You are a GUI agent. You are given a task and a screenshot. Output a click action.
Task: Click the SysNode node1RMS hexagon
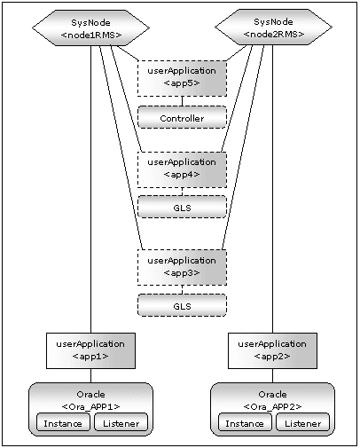90,28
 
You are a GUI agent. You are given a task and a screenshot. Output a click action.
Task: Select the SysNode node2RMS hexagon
273,28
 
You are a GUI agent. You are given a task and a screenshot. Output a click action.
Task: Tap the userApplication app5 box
182,78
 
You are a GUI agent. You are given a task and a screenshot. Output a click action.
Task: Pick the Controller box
182,117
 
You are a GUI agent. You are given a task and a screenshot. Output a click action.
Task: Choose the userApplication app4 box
182,169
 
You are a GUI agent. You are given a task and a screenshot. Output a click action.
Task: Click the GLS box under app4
182,207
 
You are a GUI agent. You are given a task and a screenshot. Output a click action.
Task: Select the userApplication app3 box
182,268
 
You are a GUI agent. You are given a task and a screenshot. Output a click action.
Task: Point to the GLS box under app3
182,305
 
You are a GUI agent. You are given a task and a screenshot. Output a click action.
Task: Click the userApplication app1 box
90,350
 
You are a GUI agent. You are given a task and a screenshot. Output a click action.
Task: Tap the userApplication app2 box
272,350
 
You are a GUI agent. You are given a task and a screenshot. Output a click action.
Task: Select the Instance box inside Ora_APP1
63,422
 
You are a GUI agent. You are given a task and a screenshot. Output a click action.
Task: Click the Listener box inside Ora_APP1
121,422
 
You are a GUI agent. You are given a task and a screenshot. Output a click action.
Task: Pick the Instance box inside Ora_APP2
245,422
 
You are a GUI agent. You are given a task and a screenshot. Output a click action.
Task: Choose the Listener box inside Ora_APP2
302,422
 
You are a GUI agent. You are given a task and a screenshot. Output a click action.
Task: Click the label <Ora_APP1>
90,406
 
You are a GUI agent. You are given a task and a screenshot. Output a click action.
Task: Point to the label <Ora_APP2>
272,406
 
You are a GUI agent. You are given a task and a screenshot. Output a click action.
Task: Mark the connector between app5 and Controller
182,101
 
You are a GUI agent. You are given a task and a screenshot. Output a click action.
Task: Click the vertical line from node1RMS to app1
90,189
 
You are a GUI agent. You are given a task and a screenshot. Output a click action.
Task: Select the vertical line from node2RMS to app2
272,189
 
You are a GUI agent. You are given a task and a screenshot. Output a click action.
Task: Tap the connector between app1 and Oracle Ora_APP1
90,375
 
